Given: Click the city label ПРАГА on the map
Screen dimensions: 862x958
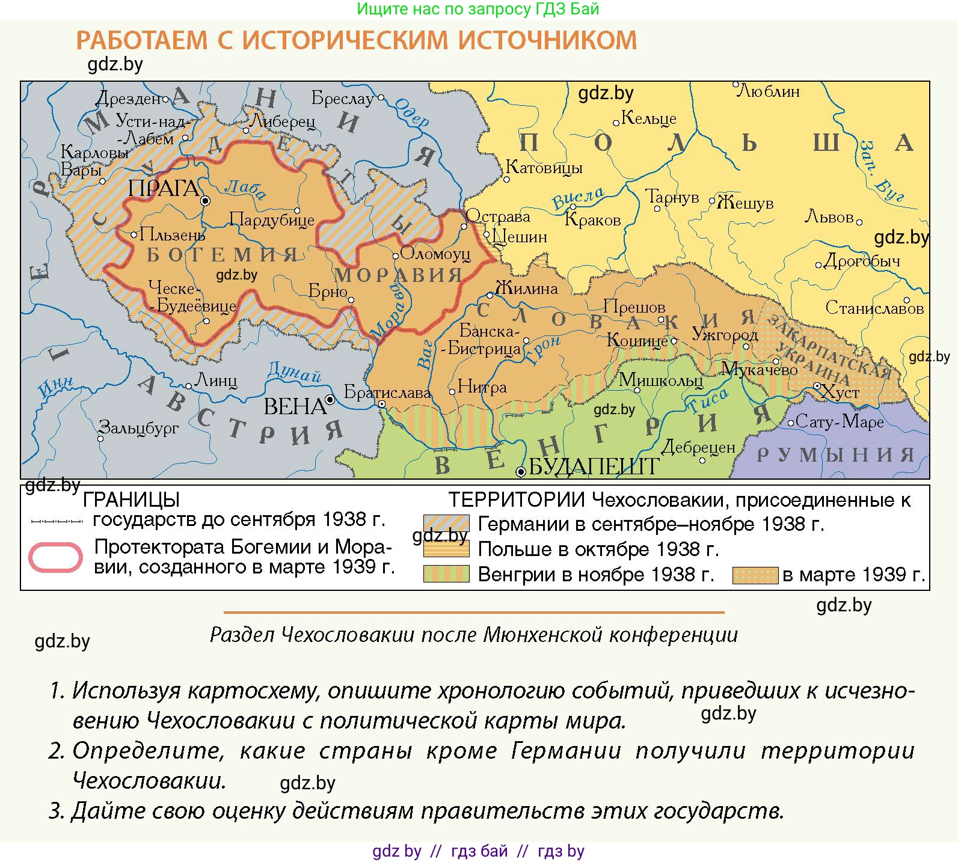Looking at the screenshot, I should (164, 189).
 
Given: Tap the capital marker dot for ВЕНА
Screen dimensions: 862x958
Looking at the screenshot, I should (330, 400).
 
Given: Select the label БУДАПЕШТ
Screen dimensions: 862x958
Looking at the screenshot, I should (594, 466).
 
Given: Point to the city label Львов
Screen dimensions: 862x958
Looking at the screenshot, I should (829, 216).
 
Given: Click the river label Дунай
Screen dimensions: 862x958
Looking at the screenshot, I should (294, 373).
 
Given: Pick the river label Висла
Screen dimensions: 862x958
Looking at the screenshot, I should (578, 198).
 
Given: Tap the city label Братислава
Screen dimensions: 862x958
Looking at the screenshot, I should (388, 393).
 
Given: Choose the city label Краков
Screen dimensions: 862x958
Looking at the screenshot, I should (592, 220).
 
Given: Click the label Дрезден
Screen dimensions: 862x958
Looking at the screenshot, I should (132, 98).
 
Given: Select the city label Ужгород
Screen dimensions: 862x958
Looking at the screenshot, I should (725, 334).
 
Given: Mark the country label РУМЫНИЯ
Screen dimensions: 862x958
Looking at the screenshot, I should (835, 455).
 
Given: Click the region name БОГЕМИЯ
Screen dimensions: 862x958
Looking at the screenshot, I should (223, 255).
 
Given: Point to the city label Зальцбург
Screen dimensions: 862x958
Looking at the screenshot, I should (139, 428).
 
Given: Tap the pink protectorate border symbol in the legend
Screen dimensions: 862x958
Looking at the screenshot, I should (55, 557).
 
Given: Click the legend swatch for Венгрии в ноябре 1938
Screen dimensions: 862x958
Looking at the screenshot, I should (446, 574).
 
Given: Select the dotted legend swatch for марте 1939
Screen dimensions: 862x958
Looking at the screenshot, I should (755, 575).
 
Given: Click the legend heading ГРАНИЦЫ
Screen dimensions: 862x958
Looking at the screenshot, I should (131, 500).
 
